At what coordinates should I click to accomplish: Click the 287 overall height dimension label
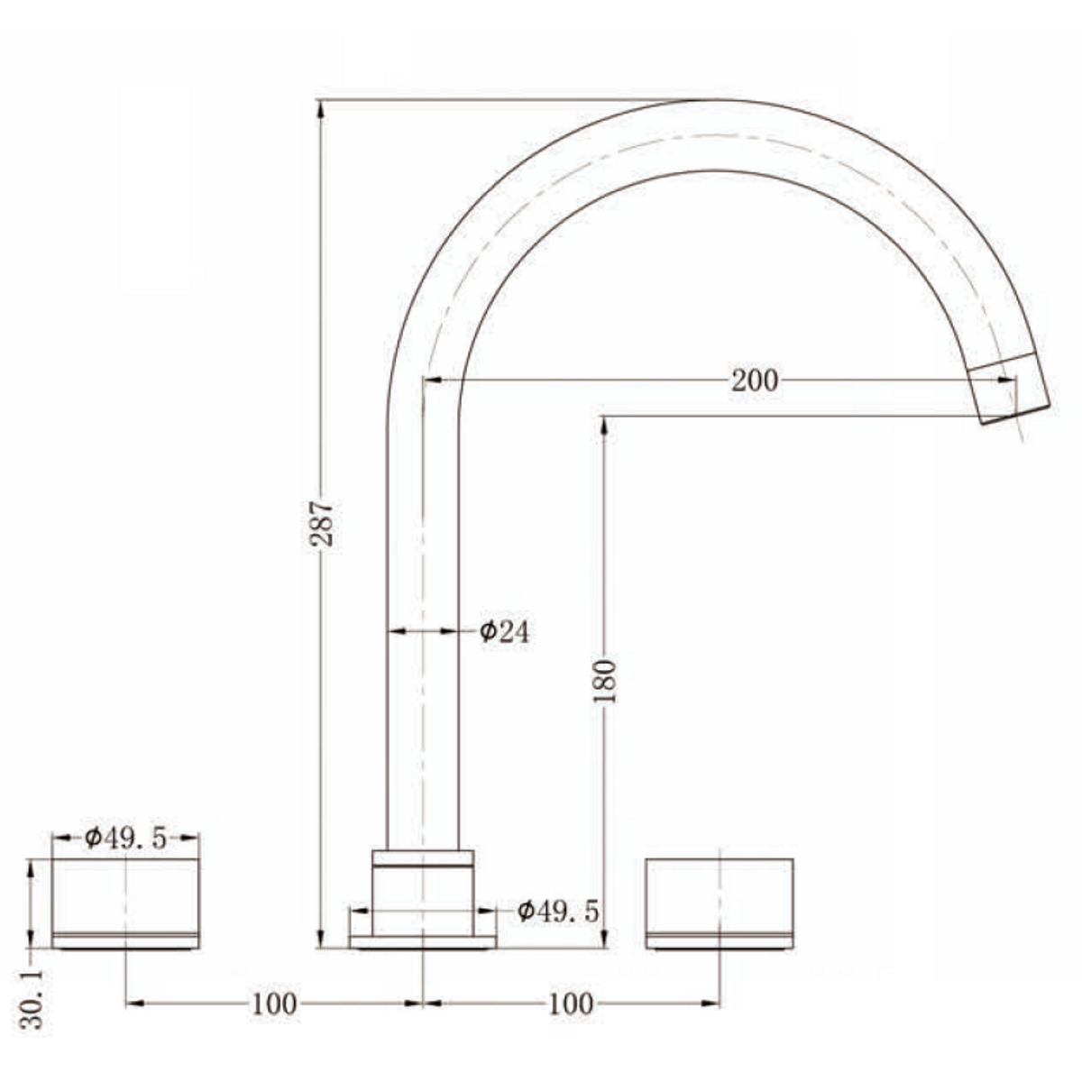(x=322, y=523)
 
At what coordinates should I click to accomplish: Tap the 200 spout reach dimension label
(x=754, y=381)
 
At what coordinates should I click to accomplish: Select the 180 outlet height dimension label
(x=605, y=681)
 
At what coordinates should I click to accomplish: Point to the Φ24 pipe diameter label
(x=505, y=631)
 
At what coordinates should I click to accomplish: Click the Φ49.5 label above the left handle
(x=126, y=839)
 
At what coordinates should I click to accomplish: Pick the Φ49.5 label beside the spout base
(x=559, y=911)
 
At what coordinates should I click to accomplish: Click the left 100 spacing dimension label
(x=273, y=1003)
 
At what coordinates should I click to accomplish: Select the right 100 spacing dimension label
(x=571, y=1003)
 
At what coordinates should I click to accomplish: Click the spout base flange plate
(x=423, y=942)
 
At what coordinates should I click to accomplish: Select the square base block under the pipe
(x=423, y=897)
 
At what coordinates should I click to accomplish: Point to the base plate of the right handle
(x=720, y=942)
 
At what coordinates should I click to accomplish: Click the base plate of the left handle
(x=125, y=942)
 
